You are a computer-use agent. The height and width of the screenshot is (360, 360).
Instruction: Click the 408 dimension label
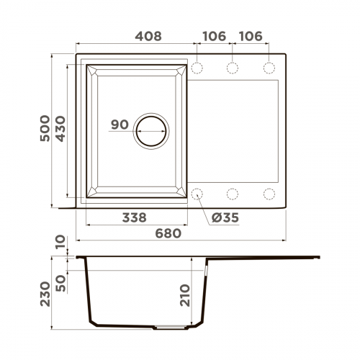tap(148, 36)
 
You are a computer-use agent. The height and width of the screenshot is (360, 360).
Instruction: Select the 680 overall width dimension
tap(168, 233)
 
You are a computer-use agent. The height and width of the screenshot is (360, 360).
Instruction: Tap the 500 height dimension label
tap(45, 128)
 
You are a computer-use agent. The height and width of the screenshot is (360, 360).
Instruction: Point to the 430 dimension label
tap(60, 129)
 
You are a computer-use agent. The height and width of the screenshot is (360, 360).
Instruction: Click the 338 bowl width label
tap(135, 217)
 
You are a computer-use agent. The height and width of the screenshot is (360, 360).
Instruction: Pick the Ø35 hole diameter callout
tap(225, 217)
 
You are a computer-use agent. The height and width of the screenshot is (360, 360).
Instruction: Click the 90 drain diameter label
tap(120, 125)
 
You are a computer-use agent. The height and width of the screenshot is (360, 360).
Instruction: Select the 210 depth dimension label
tap(185, 295)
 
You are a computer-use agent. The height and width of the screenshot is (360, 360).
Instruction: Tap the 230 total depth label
tap(45, 294)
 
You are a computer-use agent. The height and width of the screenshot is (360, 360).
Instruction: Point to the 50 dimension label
tap(60, 284)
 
